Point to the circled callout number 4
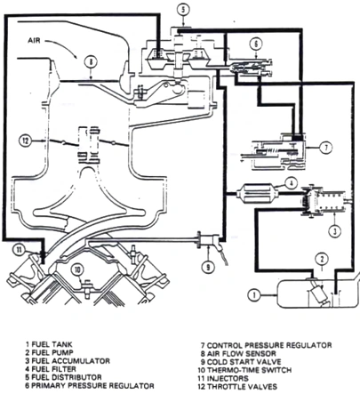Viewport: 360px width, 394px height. [290, 184]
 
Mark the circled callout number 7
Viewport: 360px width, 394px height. [325, 147]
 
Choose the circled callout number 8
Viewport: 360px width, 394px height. [90, 61]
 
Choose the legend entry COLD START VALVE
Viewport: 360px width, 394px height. [250, 362]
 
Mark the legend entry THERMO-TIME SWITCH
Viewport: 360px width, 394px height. [254, 370]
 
